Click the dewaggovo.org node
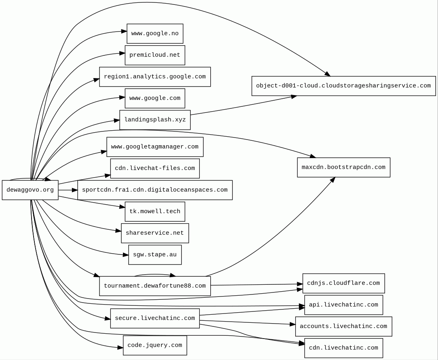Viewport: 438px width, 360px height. [30, 190]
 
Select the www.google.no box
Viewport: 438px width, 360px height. [155, 34]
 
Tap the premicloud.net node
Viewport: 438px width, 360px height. [155, 55]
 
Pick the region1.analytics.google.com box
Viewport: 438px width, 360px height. [155, 77]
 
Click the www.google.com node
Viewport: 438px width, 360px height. [155, 98]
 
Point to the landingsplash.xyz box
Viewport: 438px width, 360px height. [155, 120]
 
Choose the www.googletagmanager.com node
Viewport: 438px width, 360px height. [155, 147]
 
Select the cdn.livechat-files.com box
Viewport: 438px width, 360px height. [155, 168]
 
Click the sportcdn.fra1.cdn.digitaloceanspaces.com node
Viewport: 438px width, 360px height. [155, 190]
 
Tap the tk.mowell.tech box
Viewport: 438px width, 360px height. [155, 212]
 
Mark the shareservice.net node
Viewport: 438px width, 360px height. [155, 233]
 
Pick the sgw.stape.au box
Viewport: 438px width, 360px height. [155, 255]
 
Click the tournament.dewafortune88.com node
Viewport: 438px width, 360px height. [155, 286]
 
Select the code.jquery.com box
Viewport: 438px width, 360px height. [155, 345]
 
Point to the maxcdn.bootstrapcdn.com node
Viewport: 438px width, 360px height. [344, 167]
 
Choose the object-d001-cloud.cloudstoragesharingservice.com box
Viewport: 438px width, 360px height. [344, 86]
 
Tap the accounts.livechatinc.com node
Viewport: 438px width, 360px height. [344, 326]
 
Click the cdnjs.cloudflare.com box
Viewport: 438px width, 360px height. [344, 284]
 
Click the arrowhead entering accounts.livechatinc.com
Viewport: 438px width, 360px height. [293, 324]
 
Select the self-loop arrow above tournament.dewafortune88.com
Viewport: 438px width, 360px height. [155, 275]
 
